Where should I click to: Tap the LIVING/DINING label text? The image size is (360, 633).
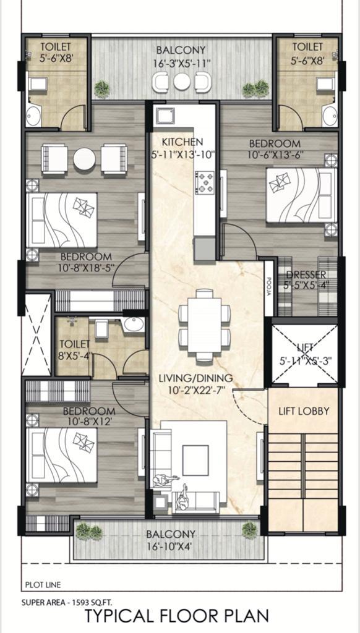tap(195, 378)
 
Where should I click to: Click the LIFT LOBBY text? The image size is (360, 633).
tap(303, 411)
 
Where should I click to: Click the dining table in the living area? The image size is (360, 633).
tap(204, 325)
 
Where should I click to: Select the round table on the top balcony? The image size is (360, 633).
tap(181, 82)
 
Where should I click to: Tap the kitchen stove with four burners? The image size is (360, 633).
tap(205, 182)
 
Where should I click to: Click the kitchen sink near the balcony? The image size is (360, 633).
tap(166, 116)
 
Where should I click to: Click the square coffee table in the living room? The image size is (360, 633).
tap(195, 461)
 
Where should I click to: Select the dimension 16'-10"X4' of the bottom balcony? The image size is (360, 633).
tap(171, 546)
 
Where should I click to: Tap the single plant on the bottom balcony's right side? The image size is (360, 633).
tap(249, 529)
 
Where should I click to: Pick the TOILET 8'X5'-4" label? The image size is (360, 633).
tap(74, 349)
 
